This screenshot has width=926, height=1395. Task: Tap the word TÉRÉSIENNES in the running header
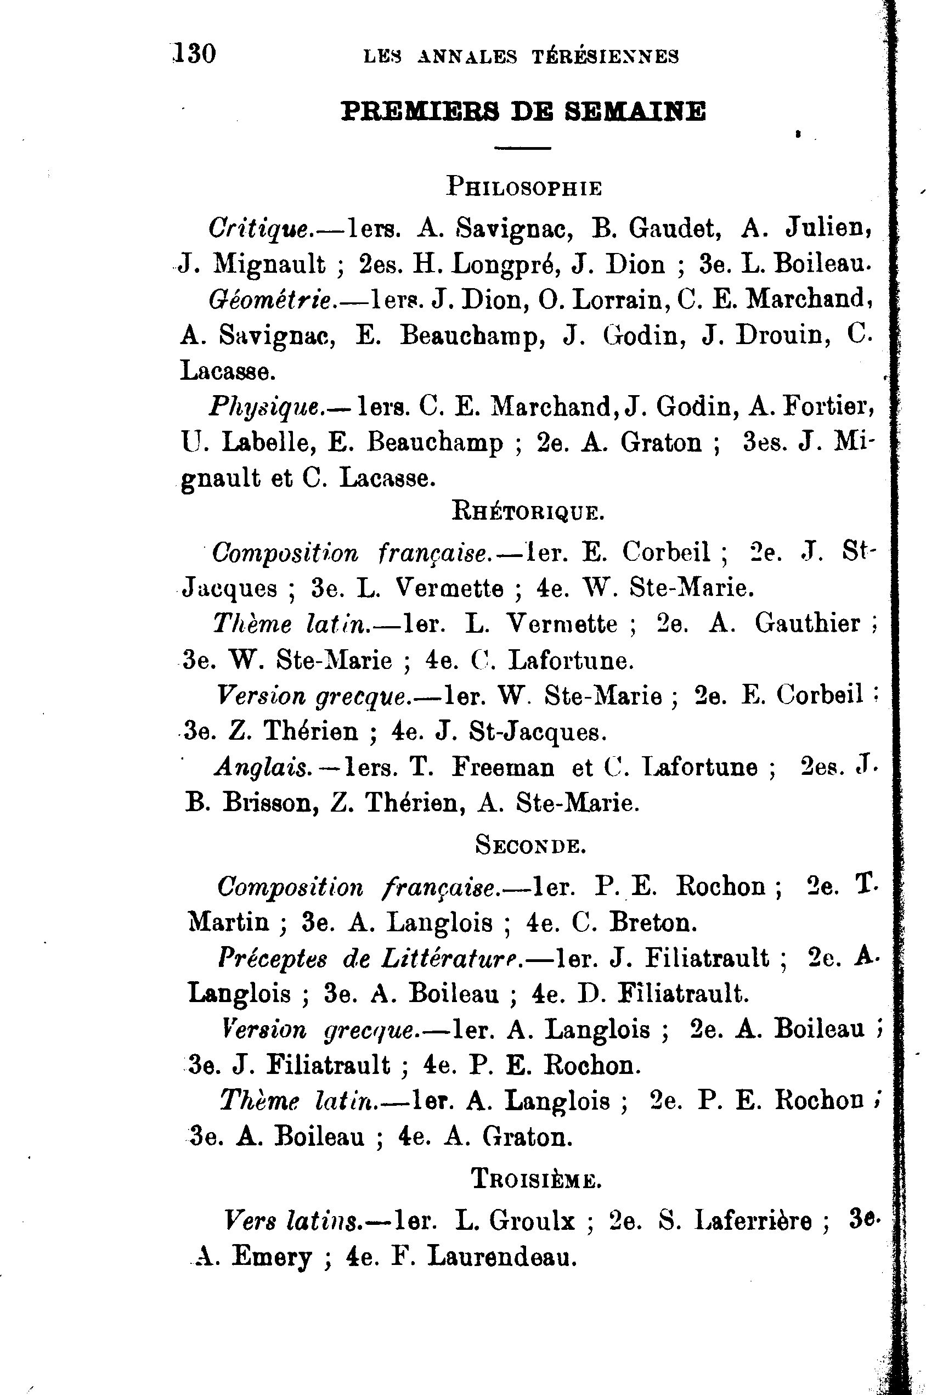pyautogui.click(x=605, y=57)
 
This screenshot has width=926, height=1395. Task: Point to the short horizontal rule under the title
pyautogui.click(x=523, y=148)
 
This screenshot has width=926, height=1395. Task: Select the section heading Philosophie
pyautogui.click(x=524, y=187)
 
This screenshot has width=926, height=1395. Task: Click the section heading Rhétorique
pyautogui.click(x=528, y=510)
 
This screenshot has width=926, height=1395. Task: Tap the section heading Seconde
pyautogui.click(x=530, y=846)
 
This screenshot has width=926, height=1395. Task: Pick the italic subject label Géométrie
pyautogui.click(x=270, y=300)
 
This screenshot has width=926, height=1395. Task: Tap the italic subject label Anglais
pyautogui.click(x=263, y=767)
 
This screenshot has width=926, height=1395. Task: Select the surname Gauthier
pyautogui.click(x=807, y=623)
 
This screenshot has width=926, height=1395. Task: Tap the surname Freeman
pyautogui.click(x=502, y=767)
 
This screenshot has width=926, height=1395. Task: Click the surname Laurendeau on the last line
pyautogui.click(x=501, y=1256)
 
